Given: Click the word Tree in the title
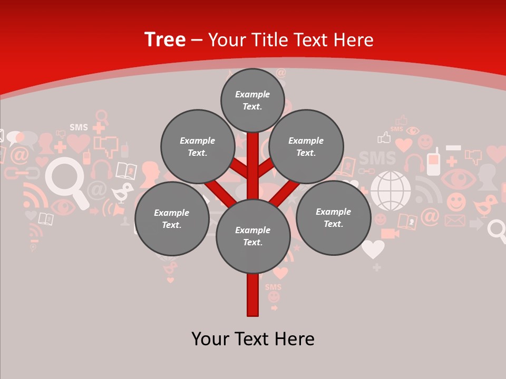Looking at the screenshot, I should point(165,40).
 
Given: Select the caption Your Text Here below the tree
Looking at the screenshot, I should point(253,339).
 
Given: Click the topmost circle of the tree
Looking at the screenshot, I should point(252,101).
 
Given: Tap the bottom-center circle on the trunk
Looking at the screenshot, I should point(253,236).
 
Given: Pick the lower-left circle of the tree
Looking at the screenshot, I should point(172,219).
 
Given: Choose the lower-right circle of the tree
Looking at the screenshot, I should point(333,218).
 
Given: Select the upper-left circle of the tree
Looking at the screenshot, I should point(198,147).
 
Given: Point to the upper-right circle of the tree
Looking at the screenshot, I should point(306,147).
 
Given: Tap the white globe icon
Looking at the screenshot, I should point(391,191).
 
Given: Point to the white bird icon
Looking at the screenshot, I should point(123,193).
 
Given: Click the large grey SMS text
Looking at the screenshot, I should point(377,158).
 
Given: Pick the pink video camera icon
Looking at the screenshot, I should point(390,233).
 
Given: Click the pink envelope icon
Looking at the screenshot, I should point(455,221).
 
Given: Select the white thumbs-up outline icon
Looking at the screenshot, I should point(384,138).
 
